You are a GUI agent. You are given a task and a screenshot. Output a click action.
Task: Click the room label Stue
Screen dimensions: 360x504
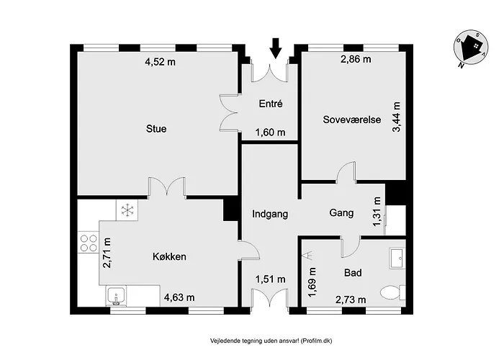click(x=156, y=130)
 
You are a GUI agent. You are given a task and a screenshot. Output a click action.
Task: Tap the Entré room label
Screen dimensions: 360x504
click(x=270, y=104)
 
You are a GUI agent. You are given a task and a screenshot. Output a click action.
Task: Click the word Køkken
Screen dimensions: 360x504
click(x=171, y=256)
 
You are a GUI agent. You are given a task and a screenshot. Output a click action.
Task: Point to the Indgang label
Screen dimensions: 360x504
click(x=270, y=214)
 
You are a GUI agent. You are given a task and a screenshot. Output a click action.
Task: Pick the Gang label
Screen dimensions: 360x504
click(x=341, y=214)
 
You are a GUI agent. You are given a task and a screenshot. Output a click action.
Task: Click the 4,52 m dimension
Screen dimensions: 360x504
click(x=160, y=62)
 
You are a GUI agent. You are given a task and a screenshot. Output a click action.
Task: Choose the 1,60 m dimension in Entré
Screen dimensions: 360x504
click(x=271, y=132)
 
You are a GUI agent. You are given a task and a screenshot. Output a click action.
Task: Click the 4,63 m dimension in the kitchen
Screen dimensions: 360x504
click(x=179, y=297)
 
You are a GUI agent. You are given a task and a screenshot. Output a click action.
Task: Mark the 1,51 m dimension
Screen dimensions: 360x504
click(x=271, y=279)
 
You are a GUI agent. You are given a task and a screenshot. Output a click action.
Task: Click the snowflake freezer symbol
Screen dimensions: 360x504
click(x=128, y=210)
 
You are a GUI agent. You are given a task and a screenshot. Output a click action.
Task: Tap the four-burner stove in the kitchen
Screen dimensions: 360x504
click(x=89, y=243)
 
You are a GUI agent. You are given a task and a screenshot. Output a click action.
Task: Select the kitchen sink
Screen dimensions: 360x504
click(x=118, y=295)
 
